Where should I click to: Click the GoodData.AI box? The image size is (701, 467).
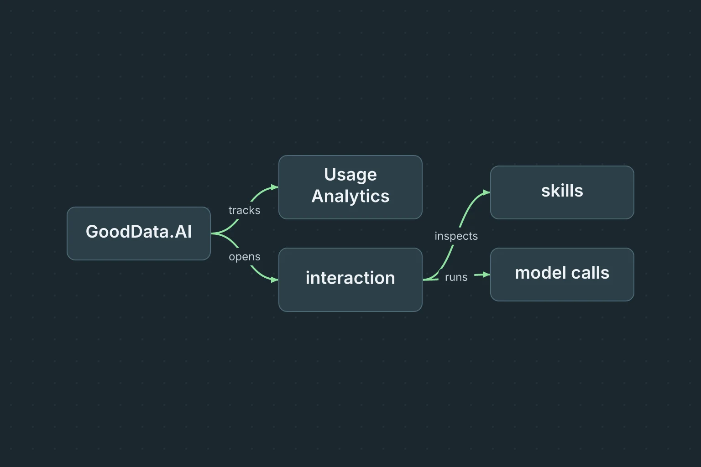click(x=139, y=233)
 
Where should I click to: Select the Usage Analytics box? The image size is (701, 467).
click(x=350, y=187)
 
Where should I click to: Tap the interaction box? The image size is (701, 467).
click(x=350, y=280)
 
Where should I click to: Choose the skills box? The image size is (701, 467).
click(x=562, y=192)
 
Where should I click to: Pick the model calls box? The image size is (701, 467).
click(x=562, y=275)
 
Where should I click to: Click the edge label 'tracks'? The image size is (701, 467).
click(x=245, y=210)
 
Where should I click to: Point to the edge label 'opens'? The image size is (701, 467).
click(x=245, y=257)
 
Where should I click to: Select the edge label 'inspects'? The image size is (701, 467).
click(x=456, y=236)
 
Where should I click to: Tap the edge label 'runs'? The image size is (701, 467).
click(x=456, y=277)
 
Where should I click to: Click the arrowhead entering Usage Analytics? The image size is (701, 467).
click(x=275, y=187)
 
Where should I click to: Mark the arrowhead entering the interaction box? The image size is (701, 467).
click(x=275, y=280)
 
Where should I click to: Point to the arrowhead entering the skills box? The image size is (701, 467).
click(x=487, y=192)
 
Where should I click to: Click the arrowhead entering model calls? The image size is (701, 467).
click(x=487, y=275)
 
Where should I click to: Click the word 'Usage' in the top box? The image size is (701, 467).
click(x=350, y=175)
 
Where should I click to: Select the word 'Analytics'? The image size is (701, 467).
click(x=350, y=197)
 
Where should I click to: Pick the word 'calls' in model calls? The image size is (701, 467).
click(x=590, y=273)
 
